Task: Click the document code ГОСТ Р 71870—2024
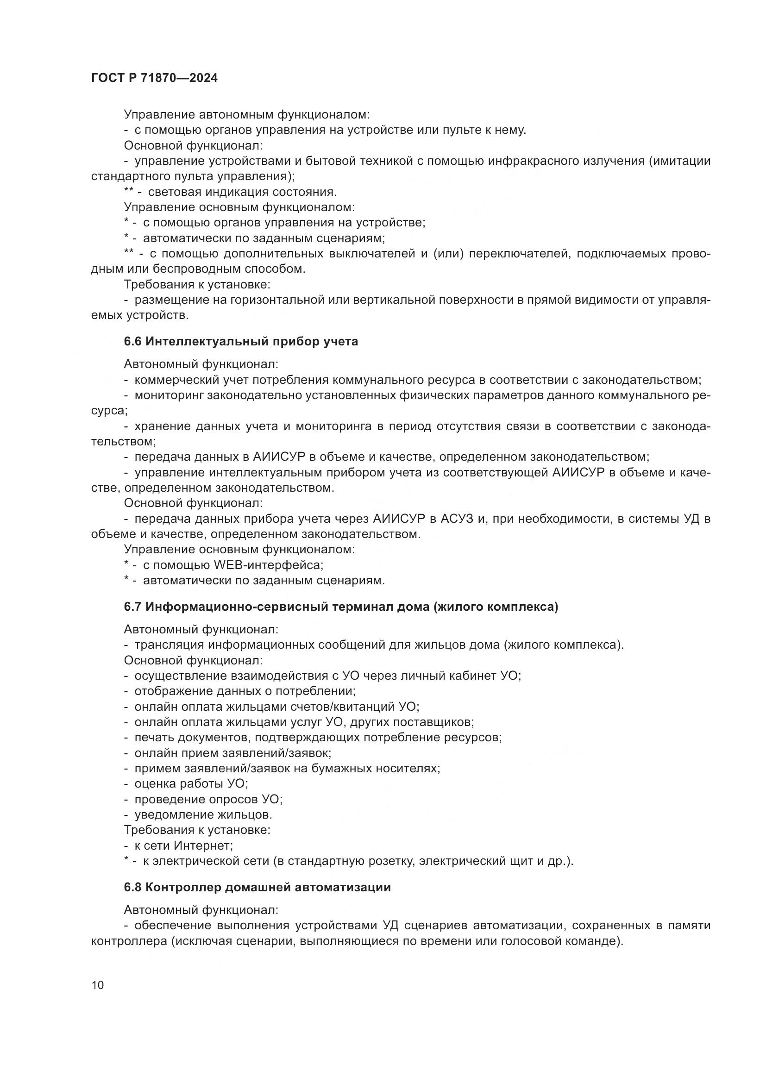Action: coord(154,78)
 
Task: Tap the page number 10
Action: coord(98,985)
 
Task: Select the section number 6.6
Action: coord(132,342)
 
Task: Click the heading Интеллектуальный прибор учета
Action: coord(252,342)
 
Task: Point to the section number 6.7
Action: coord(132,607)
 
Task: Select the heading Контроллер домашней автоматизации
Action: coord(268,887)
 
